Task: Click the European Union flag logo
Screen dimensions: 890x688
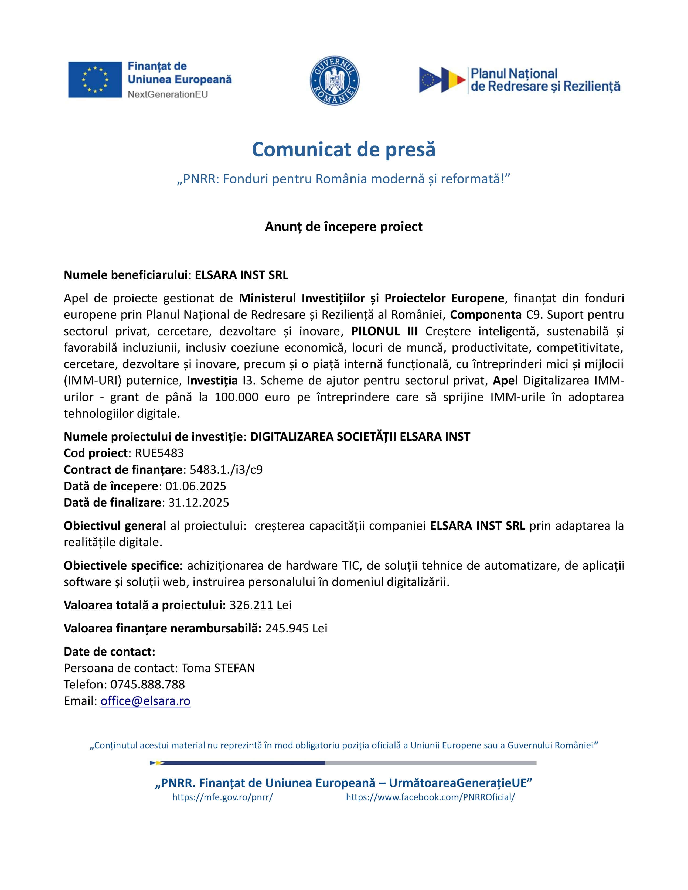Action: [x=95, y=80]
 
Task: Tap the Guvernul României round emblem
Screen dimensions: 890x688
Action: [x=334, y=80]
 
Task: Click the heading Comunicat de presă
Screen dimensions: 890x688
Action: [x=343, y=149]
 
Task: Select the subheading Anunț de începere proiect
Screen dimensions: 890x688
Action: [x=343, y=227]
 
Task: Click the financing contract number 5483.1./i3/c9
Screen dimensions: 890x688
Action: [x=226, y=470]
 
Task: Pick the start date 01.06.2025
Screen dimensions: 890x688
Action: [x=196, y=486]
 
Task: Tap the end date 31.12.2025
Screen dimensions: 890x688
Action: [x=199, y=502]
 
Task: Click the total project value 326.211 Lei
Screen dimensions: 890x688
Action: [x=260, y=605]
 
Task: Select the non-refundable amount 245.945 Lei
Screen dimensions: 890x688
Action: [x=296, y=628]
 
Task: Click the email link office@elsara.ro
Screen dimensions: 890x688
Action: [x=145, y=701]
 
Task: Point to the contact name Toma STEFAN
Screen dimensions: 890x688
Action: [x=218, y=668]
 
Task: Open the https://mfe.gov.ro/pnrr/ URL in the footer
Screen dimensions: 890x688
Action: [x=223, y=797]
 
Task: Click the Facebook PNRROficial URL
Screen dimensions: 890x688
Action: [x=430, y=797]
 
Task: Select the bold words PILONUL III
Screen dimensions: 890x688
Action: [x=384, y=331]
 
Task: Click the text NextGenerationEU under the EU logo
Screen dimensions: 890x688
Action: [x=168, y=94]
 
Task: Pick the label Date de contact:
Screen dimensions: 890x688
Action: [x=110, y=652]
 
